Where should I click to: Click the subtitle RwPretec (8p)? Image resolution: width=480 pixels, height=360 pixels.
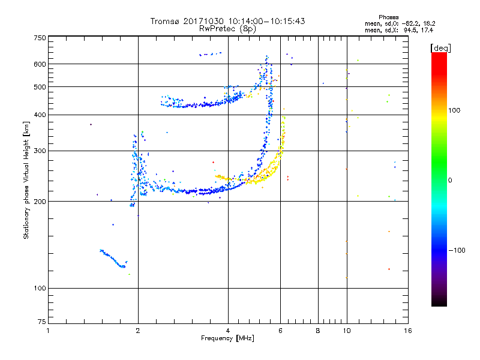point(227,29)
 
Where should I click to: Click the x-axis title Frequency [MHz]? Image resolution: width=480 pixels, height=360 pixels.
point(227,338)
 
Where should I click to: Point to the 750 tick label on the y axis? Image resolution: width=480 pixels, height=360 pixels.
point(40,38)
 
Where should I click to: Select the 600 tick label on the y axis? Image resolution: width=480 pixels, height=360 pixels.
point(40,64)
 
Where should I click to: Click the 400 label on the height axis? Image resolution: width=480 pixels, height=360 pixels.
point(40,115)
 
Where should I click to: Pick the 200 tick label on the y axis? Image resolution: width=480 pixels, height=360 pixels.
point(40,202)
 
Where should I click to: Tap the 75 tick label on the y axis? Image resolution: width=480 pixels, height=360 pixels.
point(42,322)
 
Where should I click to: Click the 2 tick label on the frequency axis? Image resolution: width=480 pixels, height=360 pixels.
point(138,331)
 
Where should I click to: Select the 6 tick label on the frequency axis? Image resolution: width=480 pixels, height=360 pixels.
point(280,331)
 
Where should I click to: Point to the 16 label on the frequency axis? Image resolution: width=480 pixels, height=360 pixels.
point(408,331)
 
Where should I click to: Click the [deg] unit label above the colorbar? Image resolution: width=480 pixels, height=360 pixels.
point(440,48)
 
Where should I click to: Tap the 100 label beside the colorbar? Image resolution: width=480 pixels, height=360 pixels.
point(454,110)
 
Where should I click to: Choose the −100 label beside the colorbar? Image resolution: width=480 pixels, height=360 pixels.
point(457,250)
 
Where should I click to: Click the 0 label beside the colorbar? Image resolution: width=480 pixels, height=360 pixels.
point(450,181)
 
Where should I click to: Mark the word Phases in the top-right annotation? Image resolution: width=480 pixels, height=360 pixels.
point(388,17)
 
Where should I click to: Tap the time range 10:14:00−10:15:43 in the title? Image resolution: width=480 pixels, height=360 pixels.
point(266,21)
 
